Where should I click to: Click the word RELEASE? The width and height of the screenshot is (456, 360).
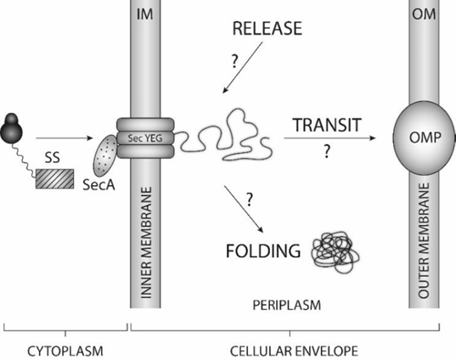point(267,29)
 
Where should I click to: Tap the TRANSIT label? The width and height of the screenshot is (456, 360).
point(327,125)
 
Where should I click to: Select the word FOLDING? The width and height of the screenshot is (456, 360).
point(263,251)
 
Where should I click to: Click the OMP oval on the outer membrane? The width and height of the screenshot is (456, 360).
point(423,138)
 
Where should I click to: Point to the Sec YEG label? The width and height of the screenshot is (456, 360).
point(145,138)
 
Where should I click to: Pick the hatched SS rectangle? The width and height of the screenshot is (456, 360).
point(54,179)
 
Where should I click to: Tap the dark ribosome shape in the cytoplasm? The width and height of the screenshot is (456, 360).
point(11,128)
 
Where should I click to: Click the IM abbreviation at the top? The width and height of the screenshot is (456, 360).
point(145,14)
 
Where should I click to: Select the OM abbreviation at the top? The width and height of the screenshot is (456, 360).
point(424,14)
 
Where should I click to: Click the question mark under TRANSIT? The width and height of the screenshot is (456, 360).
point(327,151)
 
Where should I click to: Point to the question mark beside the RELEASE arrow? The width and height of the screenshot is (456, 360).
point(234,61)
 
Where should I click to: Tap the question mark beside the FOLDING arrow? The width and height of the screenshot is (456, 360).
point(250,200)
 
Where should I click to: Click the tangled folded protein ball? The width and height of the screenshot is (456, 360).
point(335,251)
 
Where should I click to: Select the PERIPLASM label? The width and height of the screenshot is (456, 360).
point(287,306)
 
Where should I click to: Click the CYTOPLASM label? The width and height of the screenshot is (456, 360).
point(65,351)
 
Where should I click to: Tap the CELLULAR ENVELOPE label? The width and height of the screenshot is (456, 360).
point(294,351)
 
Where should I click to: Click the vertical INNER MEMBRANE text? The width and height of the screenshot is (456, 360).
point(147,243)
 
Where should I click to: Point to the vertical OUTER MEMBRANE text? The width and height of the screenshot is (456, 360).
point(424,240)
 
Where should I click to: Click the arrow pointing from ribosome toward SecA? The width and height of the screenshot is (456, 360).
point(64,138)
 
